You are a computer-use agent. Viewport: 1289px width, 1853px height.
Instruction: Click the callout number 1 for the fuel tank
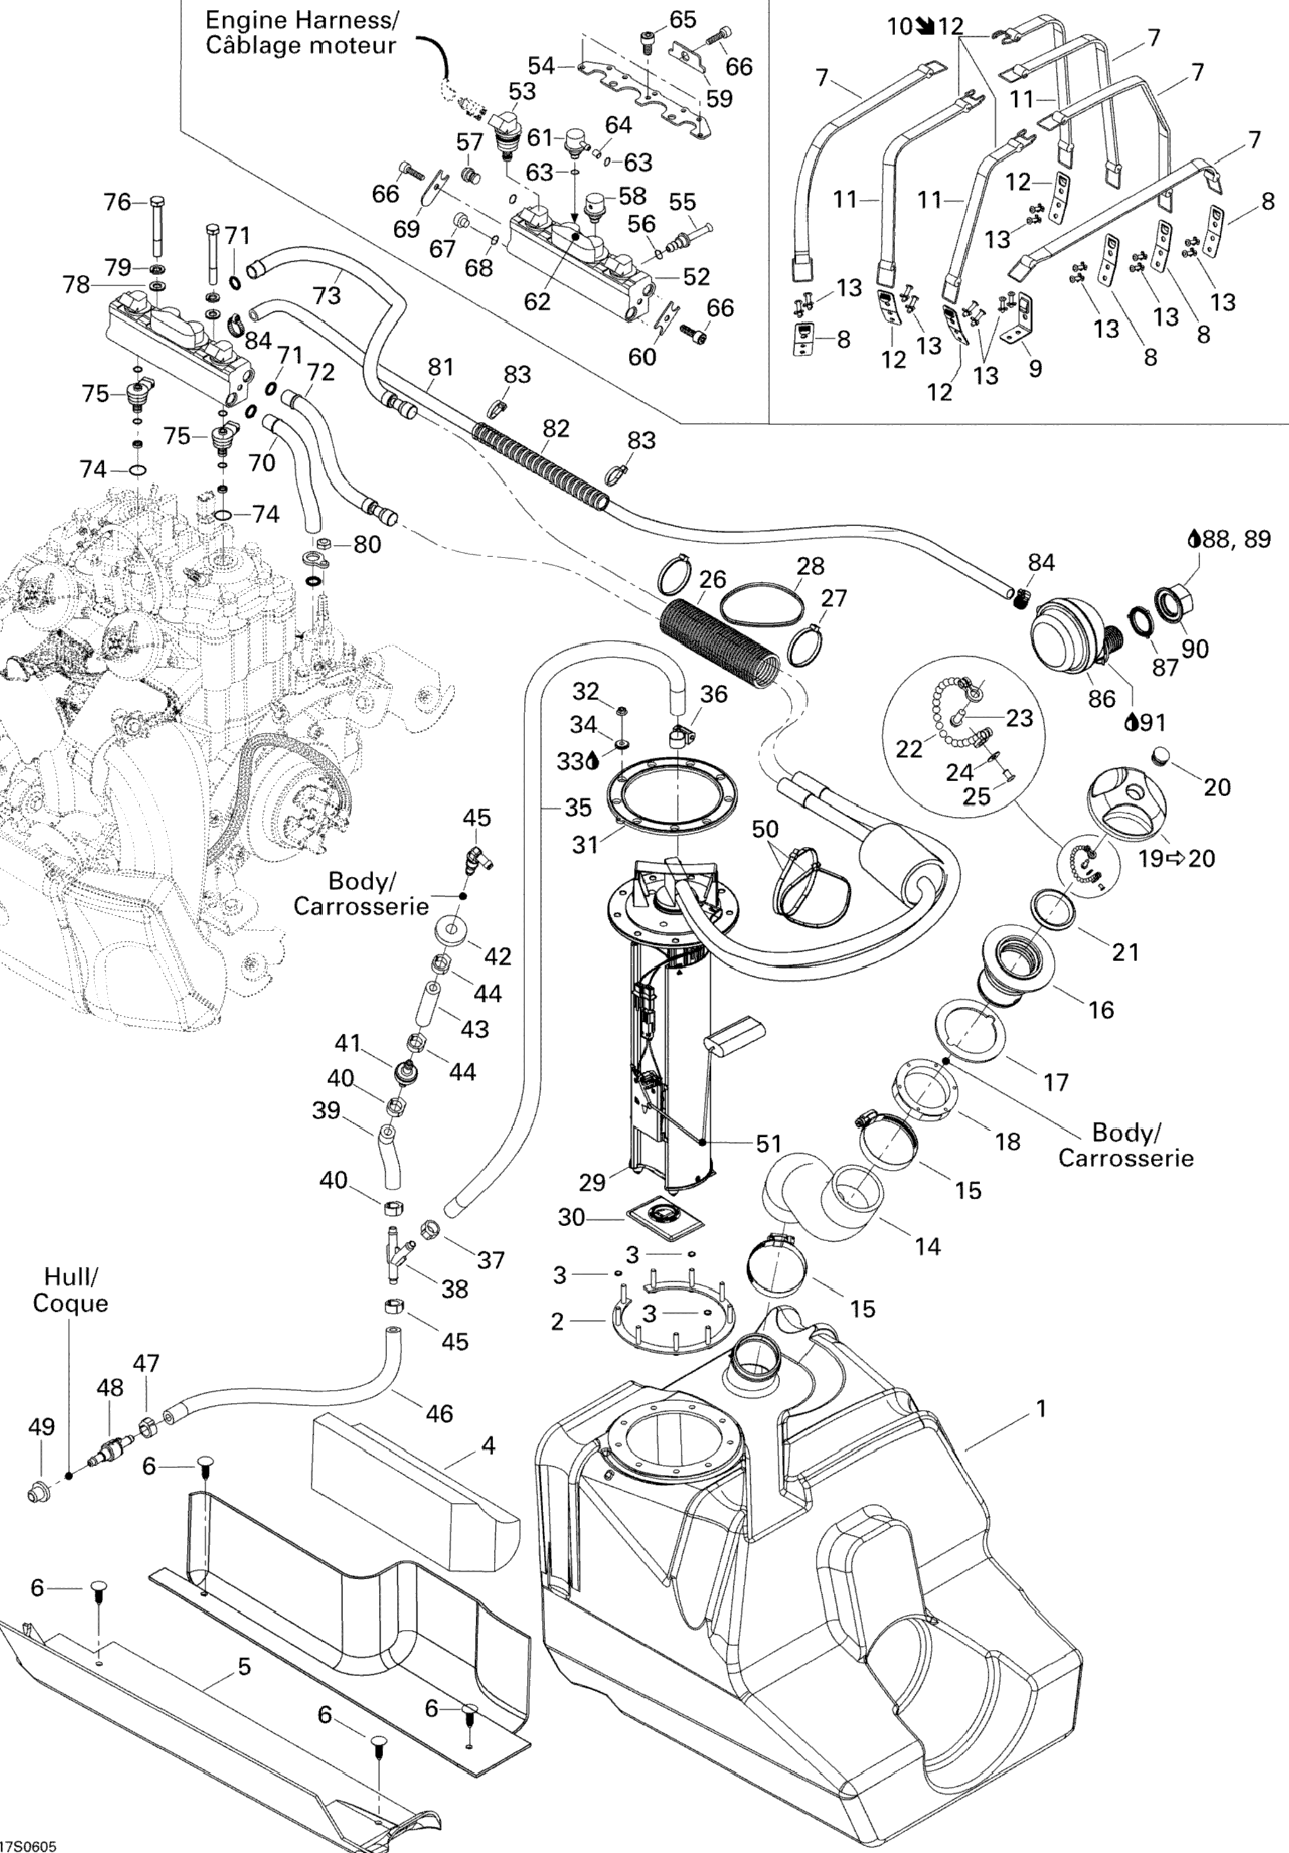pos(1041,1408)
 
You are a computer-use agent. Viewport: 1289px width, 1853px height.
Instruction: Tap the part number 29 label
pos(593,1182)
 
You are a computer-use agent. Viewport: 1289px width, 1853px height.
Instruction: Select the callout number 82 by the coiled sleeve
pos(556,429)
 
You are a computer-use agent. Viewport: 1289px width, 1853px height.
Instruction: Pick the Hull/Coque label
pos(70,1290)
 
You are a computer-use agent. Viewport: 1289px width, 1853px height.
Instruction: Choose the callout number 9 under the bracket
pos(1035,369)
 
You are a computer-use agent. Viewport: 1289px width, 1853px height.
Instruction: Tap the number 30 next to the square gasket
pos(571,1216)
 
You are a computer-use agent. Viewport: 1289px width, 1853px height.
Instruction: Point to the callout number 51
pos(768,1143)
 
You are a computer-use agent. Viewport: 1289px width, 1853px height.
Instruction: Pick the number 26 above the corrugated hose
pos(713,579)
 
